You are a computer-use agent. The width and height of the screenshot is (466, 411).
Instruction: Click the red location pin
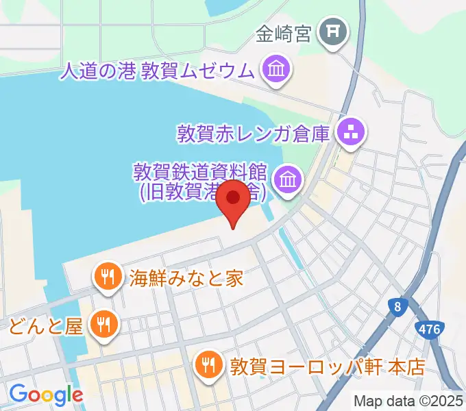tap(234, 199)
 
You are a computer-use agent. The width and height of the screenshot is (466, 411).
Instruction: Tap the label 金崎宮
tap(284, 32)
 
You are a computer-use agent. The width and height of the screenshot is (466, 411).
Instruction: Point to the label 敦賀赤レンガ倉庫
tap(255, 132)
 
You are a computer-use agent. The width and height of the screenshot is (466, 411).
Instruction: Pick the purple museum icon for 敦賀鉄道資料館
tap(286, 181)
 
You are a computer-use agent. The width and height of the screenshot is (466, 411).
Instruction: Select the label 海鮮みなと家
tap(186, 277)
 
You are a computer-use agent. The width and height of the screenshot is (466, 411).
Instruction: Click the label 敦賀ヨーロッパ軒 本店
tap(328, 365)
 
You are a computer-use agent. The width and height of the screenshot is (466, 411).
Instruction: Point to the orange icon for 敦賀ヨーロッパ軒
tap(208, 363)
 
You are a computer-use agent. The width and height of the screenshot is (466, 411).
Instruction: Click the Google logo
tap(46, 394)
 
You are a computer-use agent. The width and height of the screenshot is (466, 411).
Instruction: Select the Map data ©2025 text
tap(408, 401)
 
